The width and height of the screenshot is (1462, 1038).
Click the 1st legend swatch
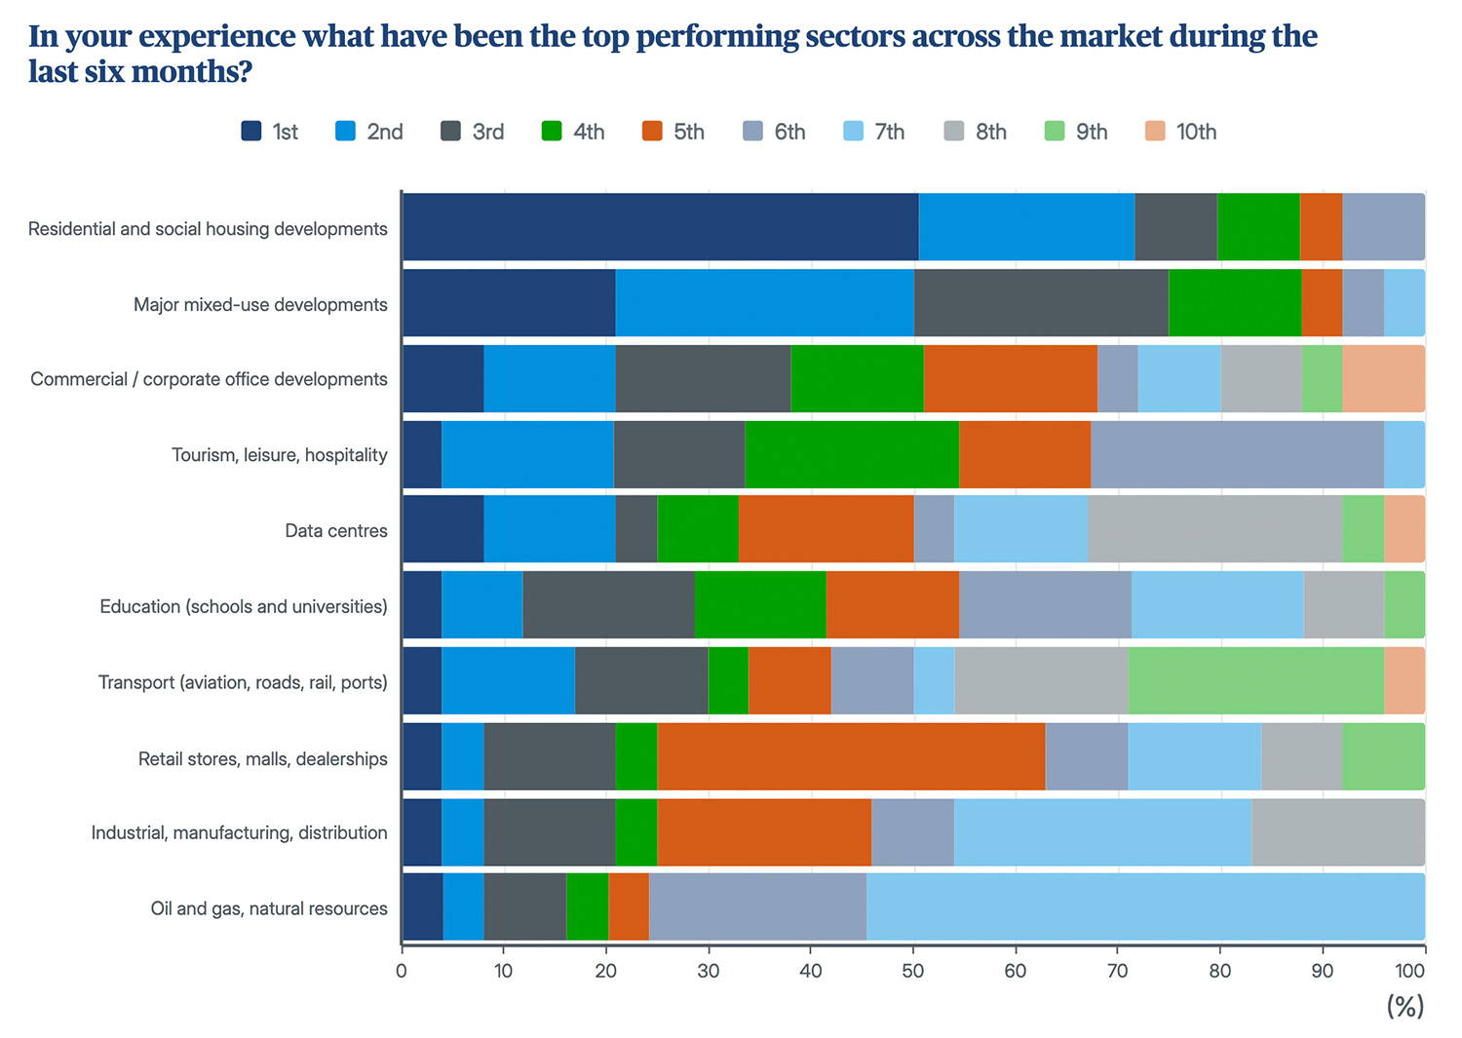(x=251, y=132)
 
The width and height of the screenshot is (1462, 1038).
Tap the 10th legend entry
(x=1180, y=132)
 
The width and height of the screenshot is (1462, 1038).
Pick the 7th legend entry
(x=873, y=132)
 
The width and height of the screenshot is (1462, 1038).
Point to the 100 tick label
(x=1409, y=971)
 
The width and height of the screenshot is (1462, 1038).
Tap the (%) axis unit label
(x=1404, y=1007)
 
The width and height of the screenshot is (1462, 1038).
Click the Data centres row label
(x=335, y=531)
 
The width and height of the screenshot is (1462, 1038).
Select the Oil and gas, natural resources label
(x=269, y=908)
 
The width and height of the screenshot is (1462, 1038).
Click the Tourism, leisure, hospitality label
(x=279, y=455)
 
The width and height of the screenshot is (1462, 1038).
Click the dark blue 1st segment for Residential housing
(x=660, y=227)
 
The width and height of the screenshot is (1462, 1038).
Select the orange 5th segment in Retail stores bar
(x=851, y=756)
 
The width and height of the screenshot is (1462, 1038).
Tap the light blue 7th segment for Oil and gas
(x=1145, y=906)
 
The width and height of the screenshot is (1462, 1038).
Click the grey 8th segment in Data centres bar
(x=1214, y=529)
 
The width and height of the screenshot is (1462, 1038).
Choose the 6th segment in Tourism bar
(x=1237, y=454)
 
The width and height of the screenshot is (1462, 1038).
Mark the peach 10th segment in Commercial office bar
(x=1383, y=378)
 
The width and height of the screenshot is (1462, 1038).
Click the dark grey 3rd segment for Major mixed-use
(x=1041, y=303)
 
